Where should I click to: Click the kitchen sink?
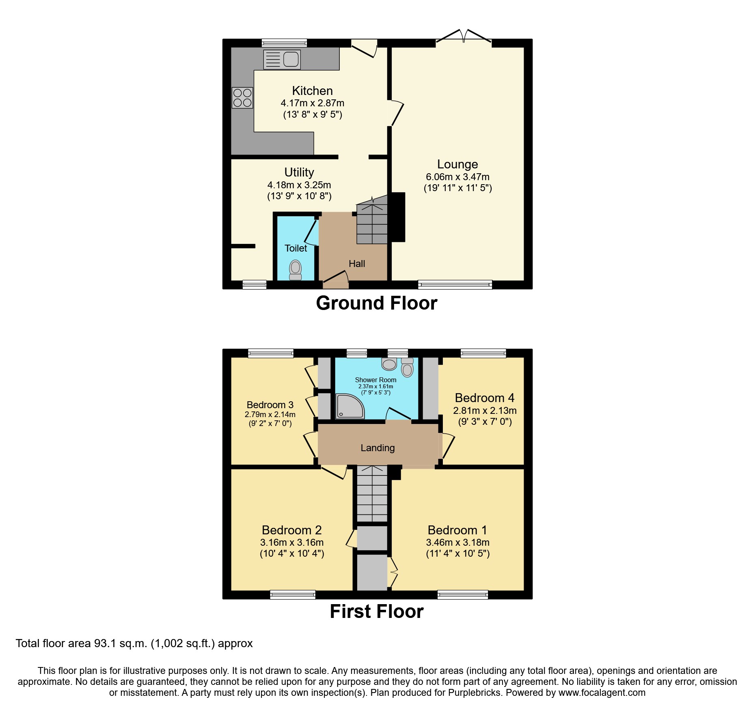pyautogui.click(x=282, y=60)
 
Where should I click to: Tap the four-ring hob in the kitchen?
pyautogui.click(x=242, y=98)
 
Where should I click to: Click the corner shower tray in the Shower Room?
pyautogui.click(x=349, y=407)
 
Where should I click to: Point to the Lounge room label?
pyautogui.click(x=457, y=164)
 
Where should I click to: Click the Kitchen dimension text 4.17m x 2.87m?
pyautogui.click(x=312, y=103)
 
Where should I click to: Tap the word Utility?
pyautogui.click(x=299, y=172)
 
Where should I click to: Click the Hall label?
pyautogui.click(x=357, y=264)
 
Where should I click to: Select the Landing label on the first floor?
pyautogui.click(x=377, y=448)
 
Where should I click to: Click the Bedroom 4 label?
pyautogui.click(x=484, y=398)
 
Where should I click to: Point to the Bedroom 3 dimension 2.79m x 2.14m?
pyautogui.click(x=270, y=415)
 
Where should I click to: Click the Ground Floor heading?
pyautogui.click(x=377, y=303)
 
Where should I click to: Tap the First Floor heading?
pyautogui.click(x=377, y=611)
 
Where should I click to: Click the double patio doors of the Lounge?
pyautogui.click(x=464, y=37)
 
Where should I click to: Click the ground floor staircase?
pyautogui.click(x=372, y=223)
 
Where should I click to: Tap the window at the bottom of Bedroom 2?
pyautogui.click(x=293, y=595)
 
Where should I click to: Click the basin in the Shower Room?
pyautogui.click(x=389, y=364)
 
